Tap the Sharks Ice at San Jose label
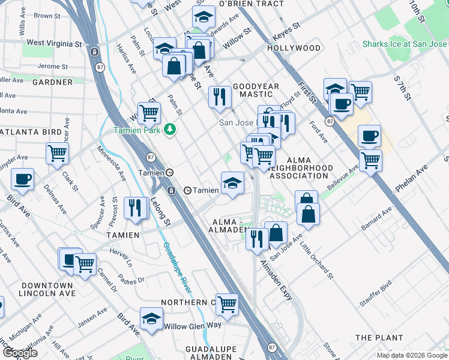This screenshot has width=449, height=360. [x=405, y=44]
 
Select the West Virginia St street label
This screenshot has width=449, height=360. [x=54, y=44]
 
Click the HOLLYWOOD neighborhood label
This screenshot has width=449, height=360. [x=294, y=48]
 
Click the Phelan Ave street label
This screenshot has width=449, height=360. [x=417, y=182]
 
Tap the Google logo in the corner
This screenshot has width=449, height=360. [x=20, y=353]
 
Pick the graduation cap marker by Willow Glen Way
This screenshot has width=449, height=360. [x=152, y=318]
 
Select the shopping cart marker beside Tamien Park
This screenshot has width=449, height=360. [x=149, y=112]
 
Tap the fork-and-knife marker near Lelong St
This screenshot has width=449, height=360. [x=136, y=208]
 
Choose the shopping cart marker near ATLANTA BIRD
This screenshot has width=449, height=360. [x=57, y=153]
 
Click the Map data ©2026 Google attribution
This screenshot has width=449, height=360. [x=412, y=355]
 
